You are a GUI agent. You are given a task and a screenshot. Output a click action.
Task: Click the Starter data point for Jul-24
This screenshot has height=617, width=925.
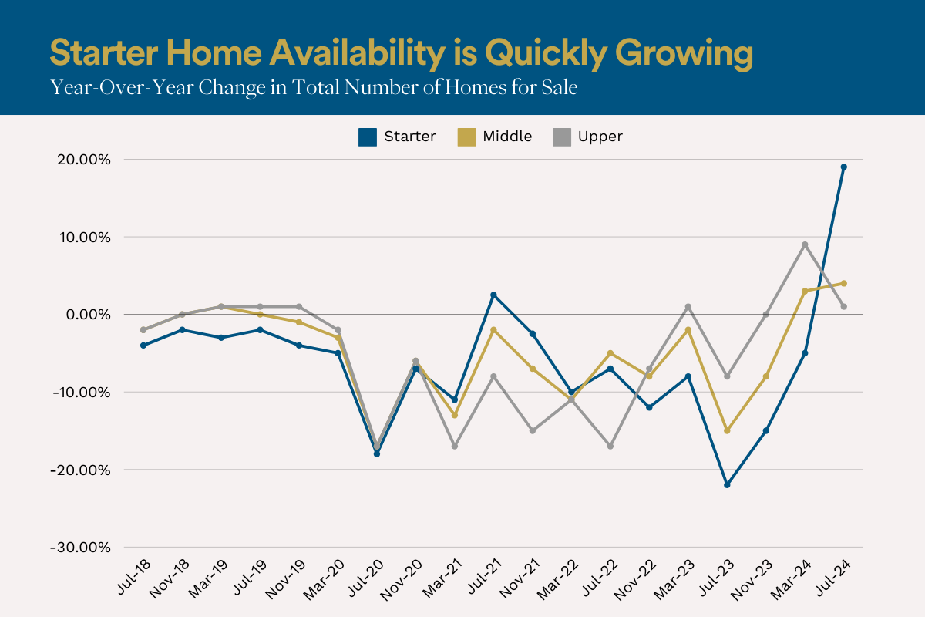click(x=844, y=167)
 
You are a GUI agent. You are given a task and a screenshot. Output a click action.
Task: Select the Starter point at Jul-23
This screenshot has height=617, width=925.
click(x=727, y=485)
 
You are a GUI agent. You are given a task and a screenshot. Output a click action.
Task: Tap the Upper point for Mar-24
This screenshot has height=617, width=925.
click(x=805, y=244)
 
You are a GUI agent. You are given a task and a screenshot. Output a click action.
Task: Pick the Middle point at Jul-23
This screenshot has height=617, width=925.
click(x=727, y=430)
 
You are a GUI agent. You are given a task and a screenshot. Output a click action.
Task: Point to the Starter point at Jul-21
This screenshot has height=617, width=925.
click(x=493, y=295)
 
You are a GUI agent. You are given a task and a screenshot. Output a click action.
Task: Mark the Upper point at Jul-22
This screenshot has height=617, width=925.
click(x=610, y=446)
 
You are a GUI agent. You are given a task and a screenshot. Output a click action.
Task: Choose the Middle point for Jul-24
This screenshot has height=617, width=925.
click(x=844, y=283)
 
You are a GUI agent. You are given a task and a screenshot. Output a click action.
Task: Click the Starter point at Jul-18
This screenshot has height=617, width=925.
click(x=143, y=346)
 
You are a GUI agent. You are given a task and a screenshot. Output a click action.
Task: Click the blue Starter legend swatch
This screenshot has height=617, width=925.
click(x=368, y=137)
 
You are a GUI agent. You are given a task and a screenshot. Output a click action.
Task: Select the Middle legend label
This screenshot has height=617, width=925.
click(x=507, y=137)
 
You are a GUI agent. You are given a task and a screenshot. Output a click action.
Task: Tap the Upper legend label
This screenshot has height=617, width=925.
click(x=602, y=137)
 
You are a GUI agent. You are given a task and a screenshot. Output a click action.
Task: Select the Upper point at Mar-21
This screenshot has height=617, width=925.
click(x=455, y=446)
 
